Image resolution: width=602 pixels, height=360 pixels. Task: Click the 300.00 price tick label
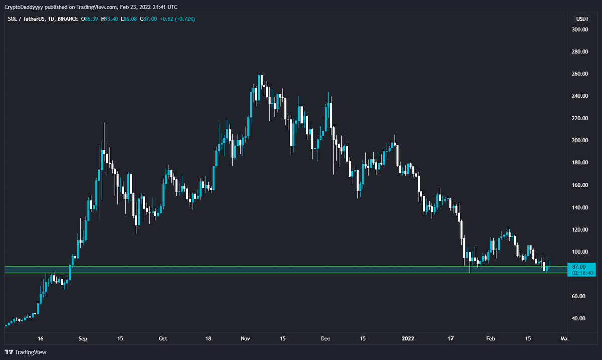point(580,30)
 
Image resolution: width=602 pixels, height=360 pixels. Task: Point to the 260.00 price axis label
point(580,74)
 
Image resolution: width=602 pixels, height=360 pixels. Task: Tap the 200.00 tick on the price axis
point(580,140)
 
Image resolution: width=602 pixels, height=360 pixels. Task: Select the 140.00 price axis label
point(580,207)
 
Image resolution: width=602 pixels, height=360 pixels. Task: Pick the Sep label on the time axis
point(83,339)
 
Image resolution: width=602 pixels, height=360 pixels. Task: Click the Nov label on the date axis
point(245,339)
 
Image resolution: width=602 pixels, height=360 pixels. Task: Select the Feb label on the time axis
point(491,339)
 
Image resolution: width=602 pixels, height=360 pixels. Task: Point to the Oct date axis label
point(163,339)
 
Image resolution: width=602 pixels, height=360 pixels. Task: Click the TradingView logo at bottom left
point(26,352)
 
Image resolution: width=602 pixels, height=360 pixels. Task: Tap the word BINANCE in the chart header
point(67,19)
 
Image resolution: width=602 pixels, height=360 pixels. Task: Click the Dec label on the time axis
point(326,339)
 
